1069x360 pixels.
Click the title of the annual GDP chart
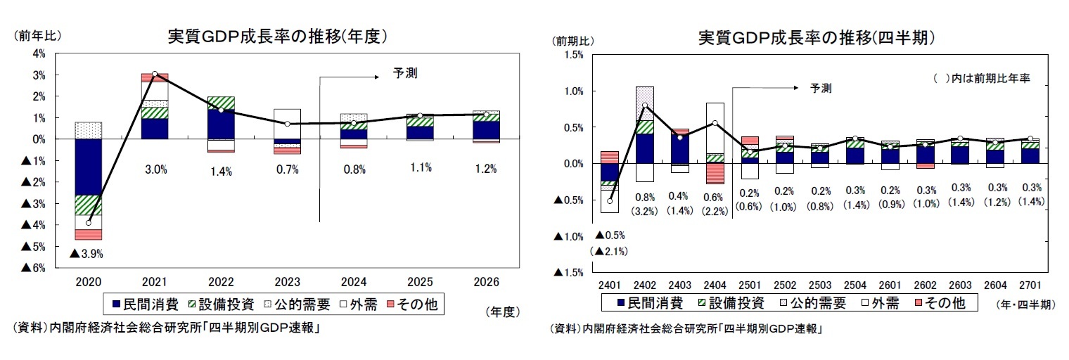coord(277,37)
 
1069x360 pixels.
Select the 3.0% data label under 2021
coord(154,169)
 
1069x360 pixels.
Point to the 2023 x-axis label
coord(287,282)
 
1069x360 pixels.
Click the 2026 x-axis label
coord(486,282)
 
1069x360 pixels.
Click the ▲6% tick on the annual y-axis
coord(35,268)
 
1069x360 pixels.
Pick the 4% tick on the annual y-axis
coord(39,53)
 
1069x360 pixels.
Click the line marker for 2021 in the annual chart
coord(154,74)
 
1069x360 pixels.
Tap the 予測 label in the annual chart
coord(405,72)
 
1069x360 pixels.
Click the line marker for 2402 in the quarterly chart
coord(644,105)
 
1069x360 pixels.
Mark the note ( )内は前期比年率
coord(981,79)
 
